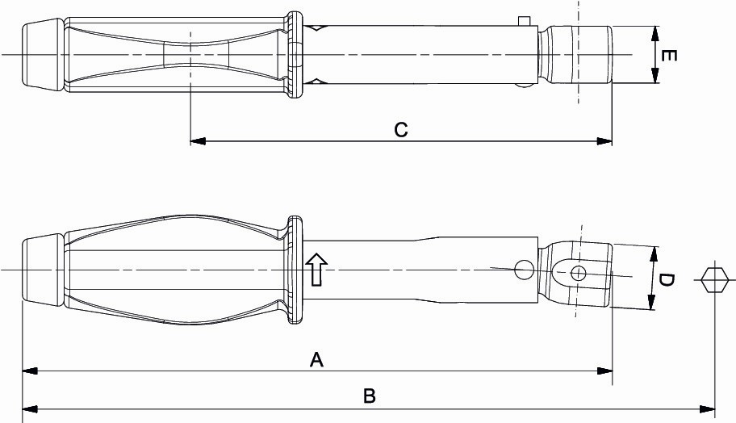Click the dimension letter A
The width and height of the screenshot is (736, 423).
click(x=317, y=359)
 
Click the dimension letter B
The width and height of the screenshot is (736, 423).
click(x=370, y=396)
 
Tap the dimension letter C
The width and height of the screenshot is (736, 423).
click(x=401, y=130)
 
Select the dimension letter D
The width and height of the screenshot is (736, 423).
click(x=666, y=281)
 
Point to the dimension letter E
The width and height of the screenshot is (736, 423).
click(x=668, y=56)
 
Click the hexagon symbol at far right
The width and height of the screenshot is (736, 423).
click(x=715, y=280)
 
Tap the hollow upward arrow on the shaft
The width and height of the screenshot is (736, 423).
click(x=317, y=270)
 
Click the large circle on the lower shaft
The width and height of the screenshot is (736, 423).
click(x=524, y=270)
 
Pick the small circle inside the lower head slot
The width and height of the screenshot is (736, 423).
click(x=579, y=273)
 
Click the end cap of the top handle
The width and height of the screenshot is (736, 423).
click(x=43, y=55)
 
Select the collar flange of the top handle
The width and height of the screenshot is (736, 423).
click(x=295, y=55)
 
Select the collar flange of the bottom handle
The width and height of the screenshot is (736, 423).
click(x=295, y=270)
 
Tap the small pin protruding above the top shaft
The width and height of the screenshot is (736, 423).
click(x=525, y=21)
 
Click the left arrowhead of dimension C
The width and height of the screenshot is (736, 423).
click(x=198, y=140)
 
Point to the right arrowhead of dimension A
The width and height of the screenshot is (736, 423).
click(x=604, y=371)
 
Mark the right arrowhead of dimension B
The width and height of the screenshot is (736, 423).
click(x=707, y=409)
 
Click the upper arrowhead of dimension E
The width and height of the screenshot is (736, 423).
click(x=655, y=34)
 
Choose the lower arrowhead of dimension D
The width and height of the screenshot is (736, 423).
click(x=651, y=302)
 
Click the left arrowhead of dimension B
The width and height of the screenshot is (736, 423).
click(x=30, y=409)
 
